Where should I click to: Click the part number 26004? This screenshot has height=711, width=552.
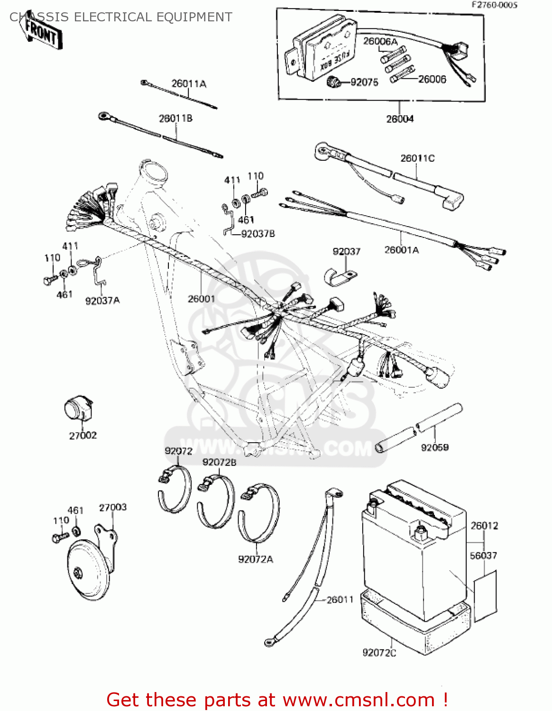(x=399, y=119)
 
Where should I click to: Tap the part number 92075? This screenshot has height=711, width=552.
(x=364, y=82)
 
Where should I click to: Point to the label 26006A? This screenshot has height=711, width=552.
(x=380, y=42)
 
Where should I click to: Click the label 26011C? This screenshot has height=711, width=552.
(x=417, y=158)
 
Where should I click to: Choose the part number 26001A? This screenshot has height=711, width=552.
(x=401, y=250)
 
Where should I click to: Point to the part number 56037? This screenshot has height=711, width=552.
(x=483, y=556)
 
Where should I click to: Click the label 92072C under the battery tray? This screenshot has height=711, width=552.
(x=379, y=653)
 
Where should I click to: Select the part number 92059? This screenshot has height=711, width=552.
(x=434, y=447)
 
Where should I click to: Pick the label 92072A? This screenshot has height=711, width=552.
(x=255, y=559)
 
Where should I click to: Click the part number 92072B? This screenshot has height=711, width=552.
(x=219, y=462)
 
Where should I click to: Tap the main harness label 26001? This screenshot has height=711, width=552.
(x=201, y=299)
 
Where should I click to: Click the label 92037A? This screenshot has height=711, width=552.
(x=102, y=301)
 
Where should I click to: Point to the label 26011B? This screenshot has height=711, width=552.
(x=175, y=118)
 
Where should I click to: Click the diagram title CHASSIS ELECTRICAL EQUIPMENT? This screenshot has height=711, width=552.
(x=121, y=17)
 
